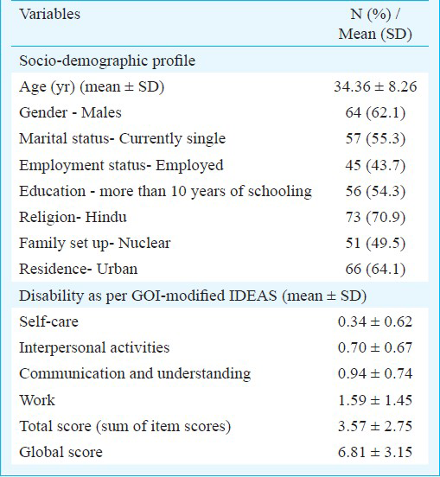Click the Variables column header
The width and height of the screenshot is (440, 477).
tap(49, 14)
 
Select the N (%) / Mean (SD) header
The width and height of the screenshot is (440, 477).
tap(375, 23)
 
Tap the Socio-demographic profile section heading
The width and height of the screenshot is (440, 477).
tap(107, 60)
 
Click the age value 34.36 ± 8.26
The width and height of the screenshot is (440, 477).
tap(375, 86)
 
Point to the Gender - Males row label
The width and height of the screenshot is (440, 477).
tap(70, 112)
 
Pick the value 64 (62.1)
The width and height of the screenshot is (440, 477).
tap(375, 113)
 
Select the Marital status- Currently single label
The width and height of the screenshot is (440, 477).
tap(123, 139)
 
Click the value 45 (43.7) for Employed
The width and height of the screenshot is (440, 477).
tap(375, 165)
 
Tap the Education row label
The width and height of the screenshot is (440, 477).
tap(165, 191)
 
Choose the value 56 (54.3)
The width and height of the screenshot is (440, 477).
tap(375, 191)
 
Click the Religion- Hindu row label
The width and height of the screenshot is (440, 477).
tap(73, 217)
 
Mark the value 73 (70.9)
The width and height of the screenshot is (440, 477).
tap(375, 217)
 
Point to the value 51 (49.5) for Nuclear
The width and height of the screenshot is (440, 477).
tap(375, 244)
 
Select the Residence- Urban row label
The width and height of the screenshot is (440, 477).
tap(78, 269)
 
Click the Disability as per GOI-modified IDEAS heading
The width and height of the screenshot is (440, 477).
tap(193, 296)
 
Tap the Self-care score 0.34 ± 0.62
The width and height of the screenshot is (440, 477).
tap(375, 321)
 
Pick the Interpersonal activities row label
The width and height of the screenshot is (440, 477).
tap(94, 347)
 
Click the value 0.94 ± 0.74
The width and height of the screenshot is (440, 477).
tap(375, 373)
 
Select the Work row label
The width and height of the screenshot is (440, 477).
tap(37, 400)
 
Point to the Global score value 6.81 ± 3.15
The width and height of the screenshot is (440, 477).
tap(375, 452)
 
